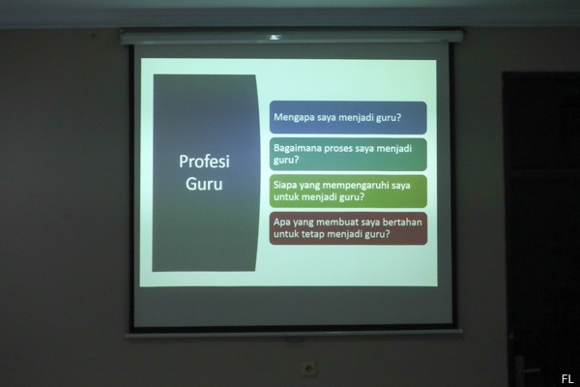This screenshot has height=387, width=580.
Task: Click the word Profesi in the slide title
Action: (204, 162)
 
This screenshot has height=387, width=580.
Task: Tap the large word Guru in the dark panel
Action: (204, 184)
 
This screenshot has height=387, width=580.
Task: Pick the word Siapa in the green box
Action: (285, 185)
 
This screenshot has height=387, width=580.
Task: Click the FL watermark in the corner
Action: (567, 379)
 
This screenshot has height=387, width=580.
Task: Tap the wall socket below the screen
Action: (308, 369)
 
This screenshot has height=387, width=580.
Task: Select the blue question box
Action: (348, 118)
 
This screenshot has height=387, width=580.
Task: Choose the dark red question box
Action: (348, 228)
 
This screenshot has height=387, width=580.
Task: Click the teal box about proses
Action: (348, 155)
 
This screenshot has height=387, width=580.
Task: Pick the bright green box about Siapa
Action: (348, 192)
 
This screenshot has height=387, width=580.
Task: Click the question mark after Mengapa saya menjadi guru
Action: (398, 118)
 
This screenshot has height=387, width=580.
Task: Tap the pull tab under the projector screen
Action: (295, 340)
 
